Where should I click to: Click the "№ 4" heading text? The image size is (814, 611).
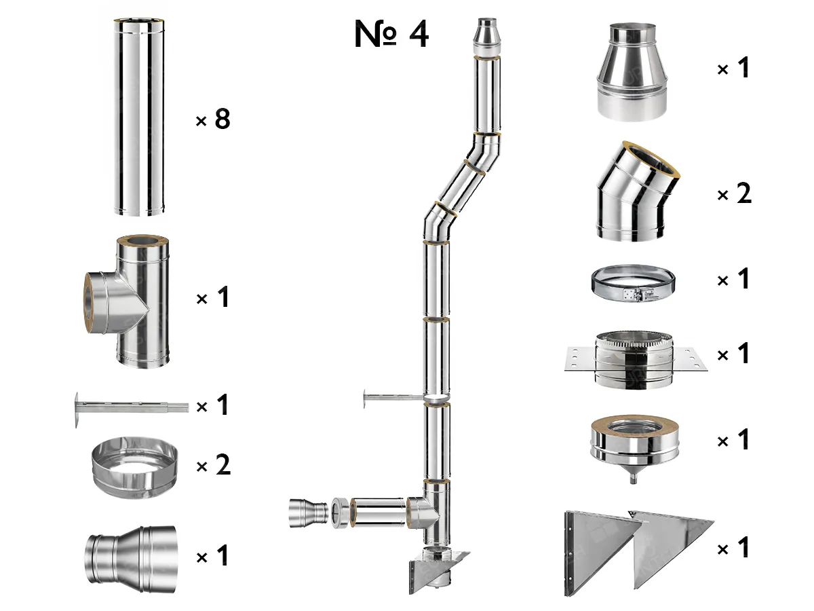[391, 35]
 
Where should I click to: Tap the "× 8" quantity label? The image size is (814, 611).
[213, 119]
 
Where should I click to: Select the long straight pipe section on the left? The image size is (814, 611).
[139, 118]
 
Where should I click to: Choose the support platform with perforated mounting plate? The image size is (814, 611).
[635, 358]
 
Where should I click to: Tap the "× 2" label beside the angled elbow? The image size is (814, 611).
[735, 195]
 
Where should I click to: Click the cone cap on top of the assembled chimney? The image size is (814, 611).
[487, 37]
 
